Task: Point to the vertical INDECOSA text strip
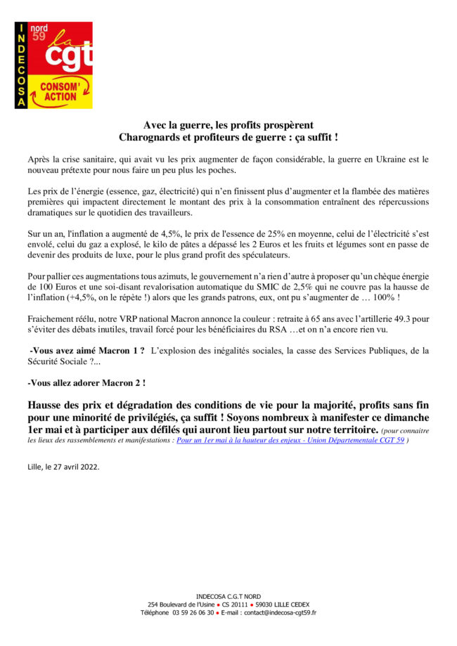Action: tap(21, 65)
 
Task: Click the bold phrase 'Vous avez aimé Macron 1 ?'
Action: tap(87, 350)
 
